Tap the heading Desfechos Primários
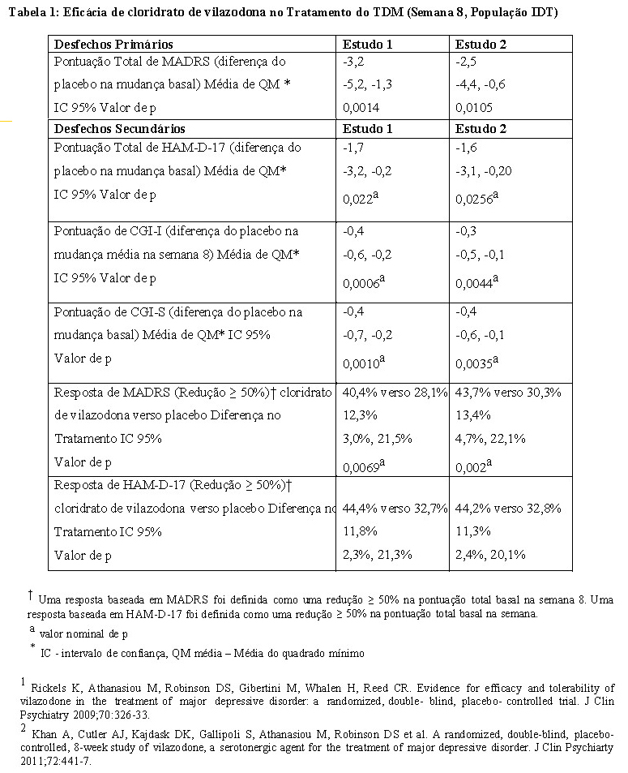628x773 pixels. click(x=113, y=44)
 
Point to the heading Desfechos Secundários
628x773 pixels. click(x=119, y=128)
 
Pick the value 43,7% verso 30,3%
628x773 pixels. click(x=508, y=393)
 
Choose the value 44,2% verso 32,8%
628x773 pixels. click(x=508, y=509)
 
